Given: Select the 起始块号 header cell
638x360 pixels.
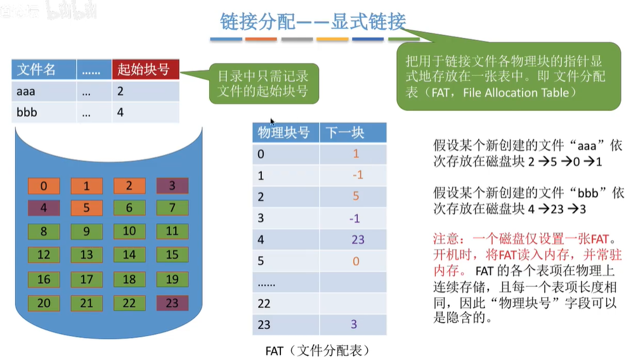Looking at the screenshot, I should click(145, 70).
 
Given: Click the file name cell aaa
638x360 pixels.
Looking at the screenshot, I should click(27, 91).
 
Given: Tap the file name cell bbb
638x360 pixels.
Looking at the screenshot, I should click(27, 113).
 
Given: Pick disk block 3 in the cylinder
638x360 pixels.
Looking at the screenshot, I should click(172, 186).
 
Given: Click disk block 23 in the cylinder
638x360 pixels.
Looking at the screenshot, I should click(172, 303).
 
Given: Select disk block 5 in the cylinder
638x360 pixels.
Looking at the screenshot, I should click(86, 208).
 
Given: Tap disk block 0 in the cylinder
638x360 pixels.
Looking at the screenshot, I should click(44, 186).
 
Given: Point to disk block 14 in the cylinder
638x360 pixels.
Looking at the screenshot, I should click(129, 255).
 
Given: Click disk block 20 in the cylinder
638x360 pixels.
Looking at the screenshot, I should click(44, 303).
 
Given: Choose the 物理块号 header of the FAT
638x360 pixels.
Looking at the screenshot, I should click(283, 132).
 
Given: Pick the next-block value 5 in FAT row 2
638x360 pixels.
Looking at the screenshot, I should click(356, 196).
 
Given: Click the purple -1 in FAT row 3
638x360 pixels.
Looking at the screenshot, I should click(355, 218).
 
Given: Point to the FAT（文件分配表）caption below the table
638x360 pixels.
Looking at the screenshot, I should click(317, 349).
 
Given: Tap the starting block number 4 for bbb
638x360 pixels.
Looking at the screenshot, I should click(120, 113).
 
